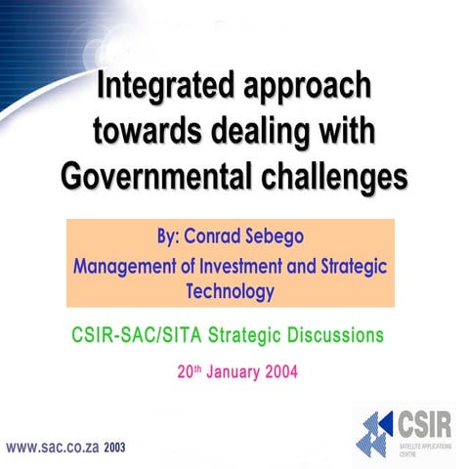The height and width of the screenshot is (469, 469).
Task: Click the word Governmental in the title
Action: point(154,175)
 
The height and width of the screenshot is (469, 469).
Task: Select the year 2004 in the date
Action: point(277,371)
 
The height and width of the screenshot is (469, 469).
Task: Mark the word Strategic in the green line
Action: point(249,336)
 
